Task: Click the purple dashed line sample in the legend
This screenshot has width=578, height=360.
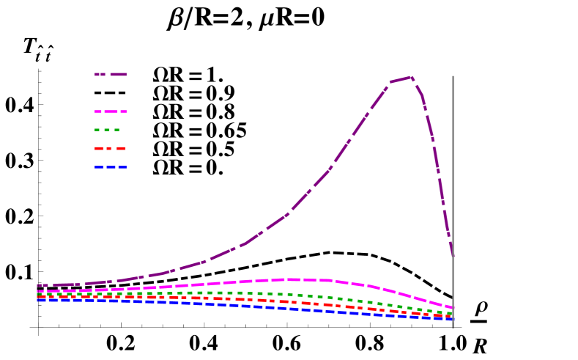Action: click(x=111, y=74)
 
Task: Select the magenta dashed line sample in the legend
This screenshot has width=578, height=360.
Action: click(x=111, y=111)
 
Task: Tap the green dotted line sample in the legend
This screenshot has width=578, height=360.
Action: click(x=108, y=130)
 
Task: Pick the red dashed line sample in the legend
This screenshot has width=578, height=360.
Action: click(x=110, y=148)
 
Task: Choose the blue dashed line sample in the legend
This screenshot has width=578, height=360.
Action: click(x=111, y=167)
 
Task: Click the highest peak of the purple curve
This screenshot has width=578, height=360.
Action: click(x=411, y=77)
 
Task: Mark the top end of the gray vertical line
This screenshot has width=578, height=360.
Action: click(x=453, y=76)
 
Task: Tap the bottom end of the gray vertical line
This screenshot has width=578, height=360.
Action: click(x=453, y=327)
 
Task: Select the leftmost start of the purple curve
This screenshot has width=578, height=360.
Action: click(x=38, y=285)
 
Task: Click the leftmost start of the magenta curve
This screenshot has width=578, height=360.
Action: click(x=38, y=292)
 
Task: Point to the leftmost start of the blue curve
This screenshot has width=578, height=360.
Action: click(x=38, y=300)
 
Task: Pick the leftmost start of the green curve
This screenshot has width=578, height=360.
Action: click(x=38, y=295)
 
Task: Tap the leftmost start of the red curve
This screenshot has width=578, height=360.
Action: click(x=38, y=298)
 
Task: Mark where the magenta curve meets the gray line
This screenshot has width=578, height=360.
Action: click(x=453, y=308)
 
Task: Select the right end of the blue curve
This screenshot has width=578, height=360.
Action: click(x=452, y=319)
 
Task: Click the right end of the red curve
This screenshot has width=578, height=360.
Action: click(x=452, y=317)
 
